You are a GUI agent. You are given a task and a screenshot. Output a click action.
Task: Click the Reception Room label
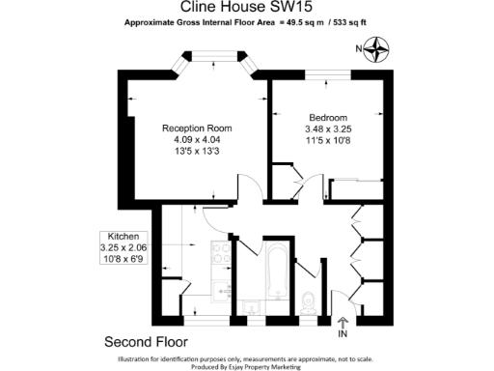coord(196,128)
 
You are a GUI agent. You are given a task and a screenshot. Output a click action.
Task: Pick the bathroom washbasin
coord(252,307)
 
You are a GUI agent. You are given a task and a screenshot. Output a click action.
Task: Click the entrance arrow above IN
coord(342,324)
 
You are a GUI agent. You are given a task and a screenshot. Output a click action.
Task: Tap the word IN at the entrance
coord(342,336)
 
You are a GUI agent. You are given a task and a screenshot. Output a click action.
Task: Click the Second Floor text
coord(146,342)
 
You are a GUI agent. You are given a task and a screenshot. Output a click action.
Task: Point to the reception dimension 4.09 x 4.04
coord(196,139)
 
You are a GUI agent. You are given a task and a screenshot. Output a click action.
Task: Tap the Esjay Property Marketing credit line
coord(248,366)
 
